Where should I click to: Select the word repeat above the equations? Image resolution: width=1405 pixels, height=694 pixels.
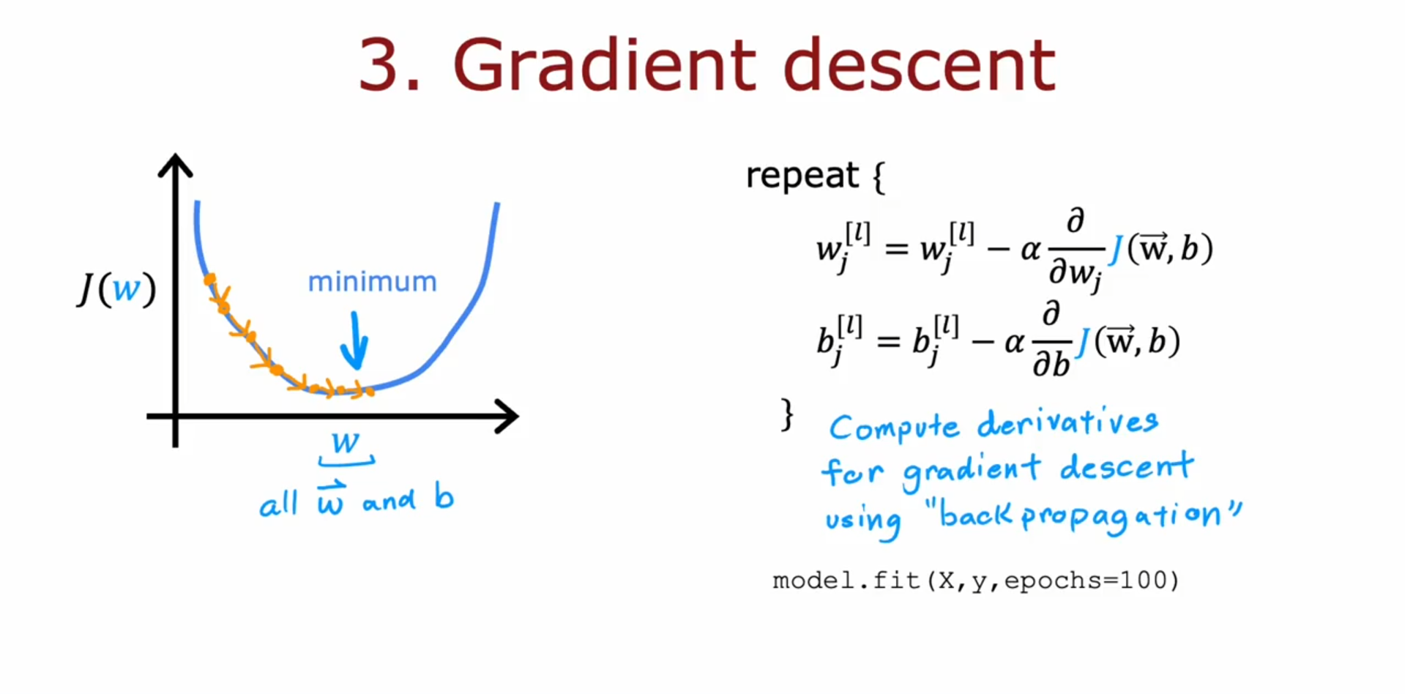click(x=802, y=176)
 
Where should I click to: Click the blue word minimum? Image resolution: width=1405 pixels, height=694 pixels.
click(x=372, y=282)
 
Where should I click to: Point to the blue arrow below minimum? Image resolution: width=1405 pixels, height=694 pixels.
click(x=355, y=340)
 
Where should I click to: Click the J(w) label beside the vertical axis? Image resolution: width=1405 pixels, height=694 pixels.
click(x=117, y=288)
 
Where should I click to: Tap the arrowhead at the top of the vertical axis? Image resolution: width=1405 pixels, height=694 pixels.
click(x=175, y=165)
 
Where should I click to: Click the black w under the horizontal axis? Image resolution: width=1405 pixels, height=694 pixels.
click(x=346, y=441)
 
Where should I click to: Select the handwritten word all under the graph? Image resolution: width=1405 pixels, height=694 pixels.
click(x=278, y=503)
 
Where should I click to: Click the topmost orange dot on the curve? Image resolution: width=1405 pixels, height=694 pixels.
click(x=209, y=279)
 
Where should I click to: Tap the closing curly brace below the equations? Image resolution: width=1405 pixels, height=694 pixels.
click(x=787, y=414)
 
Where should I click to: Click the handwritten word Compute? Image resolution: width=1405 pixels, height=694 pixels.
click(x=894, y=427)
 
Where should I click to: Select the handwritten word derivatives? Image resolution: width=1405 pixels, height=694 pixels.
click(x=1068, y=422)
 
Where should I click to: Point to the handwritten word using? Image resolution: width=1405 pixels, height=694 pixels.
click(x=863, y=520)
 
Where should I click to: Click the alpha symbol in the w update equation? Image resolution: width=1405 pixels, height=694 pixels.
click(x=1031, y=251)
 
